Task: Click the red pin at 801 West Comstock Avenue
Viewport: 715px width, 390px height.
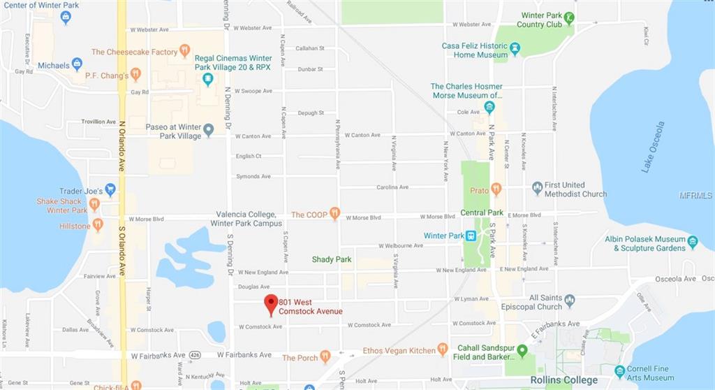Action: tap(271, 305)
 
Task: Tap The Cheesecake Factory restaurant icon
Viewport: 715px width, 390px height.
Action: tap(185, 51)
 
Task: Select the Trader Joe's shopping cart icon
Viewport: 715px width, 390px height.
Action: tap(110, 189)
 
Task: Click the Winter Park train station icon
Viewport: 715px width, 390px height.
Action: tap(471, 236)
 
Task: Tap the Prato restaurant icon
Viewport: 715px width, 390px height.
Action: tap(496, 189)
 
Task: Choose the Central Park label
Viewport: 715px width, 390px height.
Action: tap(482, 212)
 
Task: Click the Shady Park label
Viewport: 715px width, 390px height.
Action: tap(332, 259)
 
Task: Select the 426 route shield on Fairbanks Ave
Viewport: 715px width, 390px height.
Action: tap(198, 355)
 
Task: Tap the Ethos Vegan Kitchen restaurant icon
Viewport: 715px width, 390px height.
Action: tap(443, 349)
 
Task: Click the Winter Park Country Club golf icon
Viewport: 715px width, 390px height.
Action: tap(570, 17)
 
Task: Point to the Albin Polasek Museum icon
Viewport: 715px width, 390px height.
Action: tap(693, 242)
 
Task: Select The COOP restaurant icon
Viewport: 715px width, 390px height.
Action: tap(335, 214)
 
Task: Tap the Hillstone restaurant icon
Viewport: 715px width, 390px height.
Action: tap(98, 225)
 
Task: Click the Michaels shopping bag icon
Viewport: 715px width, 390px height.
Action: tap(77, 64)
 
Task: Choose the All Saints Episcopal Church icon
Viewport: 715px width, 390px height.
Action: tap(570, 301)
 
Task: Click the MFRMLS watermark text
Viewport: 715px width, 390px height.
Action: tap(696, 195)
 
